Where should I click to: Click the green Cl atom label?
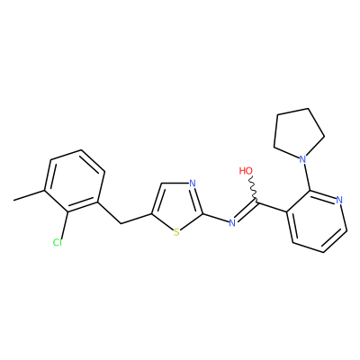(x=57, y=242)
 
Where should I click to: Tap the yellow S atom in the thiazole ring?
(x=176, y=232)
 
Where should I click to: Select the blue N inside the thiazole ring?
(x=193, y=184)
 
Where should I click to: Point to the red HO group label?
(x=246, y=171)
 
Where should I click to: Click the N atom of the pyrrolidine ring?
(x=302, y=159)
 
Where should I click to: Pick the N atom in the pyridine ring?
(x=339, y=200)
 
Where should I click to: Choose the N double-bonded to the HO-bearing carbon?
(x=231, y=222)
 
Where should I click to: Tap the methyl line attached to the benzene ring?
(x=29, y=195)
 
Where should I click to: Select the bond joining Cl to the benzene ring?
(x=64, y=225)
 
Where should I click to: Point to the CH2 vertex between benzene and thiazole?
(x=121, y=223)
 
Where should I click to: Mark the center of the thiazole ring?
(x=177, y=208)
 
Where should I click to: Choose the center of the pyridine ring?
(x=317, y=220)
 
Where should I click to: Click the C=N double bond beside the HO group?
(x=246, y=212)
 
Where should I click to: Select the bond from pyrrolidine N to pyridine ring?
(x=307, y=176)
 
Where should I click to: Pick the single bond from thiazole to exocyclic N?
(x=215, y=218)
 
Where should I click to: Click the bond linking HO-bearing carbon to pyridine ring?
(x=272, y=208)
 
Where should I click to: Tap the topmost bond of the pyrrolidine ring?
(x=292, y=112)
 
